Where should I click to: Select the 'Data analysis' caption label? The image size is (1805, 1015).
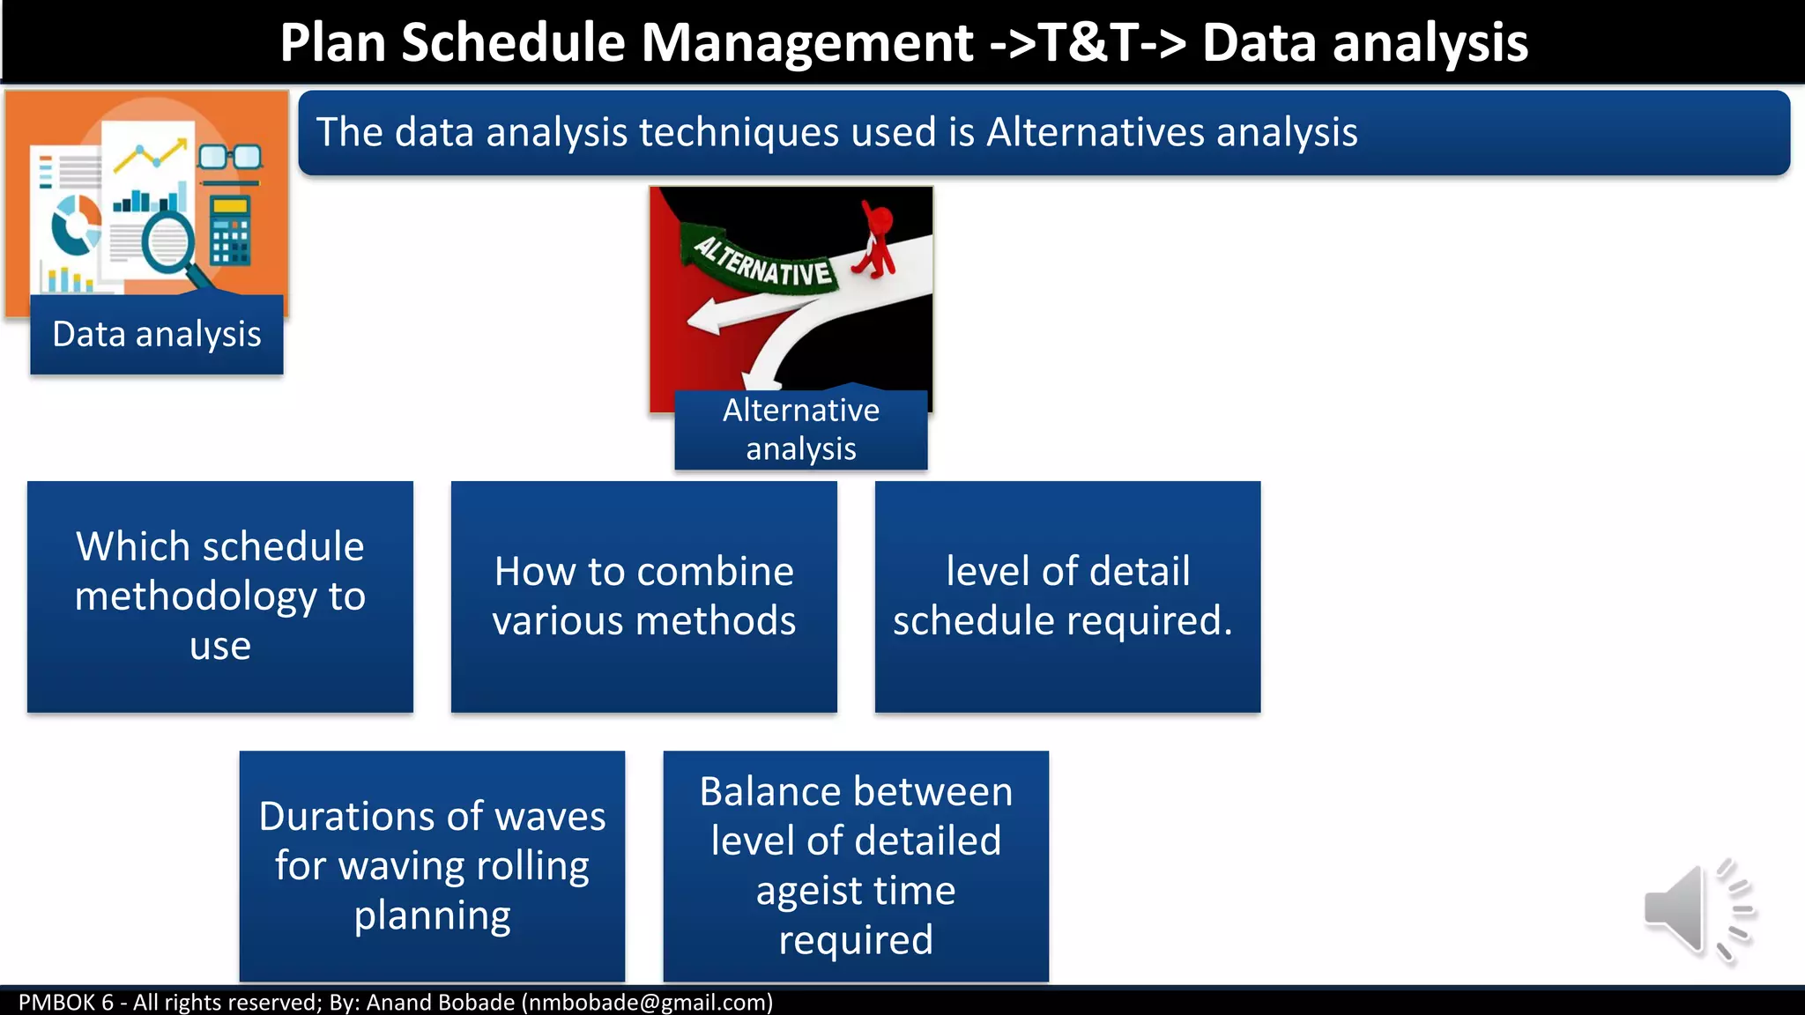[157, 335]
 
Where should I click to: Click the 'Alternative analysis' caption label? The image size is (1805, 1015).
[800, 430]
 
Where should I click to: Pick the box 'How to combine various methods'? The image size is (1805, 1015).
[643, 596]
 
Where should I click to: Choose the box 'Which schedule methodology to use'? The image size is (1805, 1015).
[219, 596]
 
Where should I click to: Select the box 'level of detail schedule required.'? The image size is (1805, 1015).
[1067, 596]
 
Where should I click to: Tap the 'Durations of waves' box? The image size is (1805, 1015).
[432, 866]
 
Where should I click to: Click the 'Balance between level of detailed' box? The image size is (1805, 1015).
[856, 866]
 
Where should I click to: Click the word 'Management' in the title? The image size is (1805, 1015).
[807, 42]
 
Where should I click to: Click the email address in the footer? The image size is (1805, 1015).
[647, 1003]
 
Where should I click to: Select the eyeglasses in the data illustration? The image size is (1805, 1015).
[230, 158]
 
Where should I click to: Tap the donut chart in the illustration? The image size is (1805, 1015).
[76, 225]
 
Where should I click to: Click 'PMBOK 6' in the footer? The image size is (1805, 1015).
[66, 1003]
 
